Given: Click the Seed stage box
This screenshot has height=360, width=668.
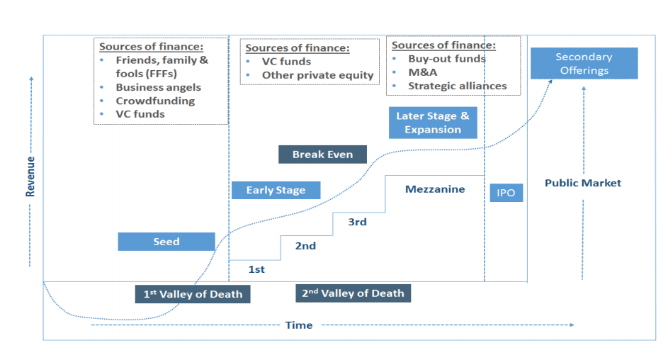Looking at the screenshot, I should [x=166, y=242].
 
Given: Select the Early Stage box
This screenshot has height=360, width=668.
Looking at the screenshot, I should [x=276, y=190].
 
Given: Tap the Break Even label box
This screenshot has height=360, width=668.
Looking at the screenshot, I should [x=322, y=154].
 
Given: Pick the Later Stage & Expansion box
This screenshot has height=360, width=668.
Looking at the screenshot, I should [x=432, y=123].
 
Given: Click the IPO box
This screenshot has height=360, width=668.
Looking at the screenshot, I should [x=506, y=193].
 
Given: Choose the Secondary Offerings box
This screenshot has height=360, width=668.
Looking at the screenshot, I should [x=584, y=63].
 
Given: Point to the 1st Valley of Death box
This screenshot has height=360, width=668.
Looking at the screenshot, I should [x=193, y=294].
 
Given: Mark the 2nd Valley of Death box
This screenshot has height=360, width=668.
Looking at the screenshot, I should [x=353, y=293].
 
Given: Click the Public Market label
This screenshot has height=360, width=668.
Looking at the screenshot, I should [x=582, y=183].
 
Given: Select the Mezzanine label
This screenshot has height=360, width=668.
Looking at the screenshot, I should [x=435, y=189].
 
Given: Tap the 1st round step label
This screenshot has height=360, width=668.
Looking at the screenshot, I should [x=256, y=269].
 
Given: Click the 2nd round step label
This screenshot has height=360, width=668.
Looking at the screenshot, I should [x=305, y=246].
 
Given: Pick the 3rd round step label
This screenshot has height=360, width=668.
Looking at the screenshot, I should [x=357, y=222].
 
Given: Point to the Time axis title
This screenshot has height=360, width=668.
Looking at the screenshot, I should [x=298, y=325].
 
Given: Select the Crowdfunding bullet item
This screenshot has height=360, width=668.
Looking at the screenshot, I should [x=155, y=101].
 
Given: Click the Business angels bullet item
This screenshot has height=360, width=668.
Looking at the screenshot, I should [x=158, y=87].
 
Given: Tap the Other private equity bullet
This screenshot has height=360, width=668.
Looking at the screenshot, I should [x=317, y=75].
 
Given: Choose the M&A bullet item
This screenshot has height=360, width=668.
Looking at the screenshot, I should [x=422, y=72].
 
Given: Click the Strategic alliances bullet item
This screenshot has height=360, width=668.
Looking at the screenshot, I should [x=457, y=86].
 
